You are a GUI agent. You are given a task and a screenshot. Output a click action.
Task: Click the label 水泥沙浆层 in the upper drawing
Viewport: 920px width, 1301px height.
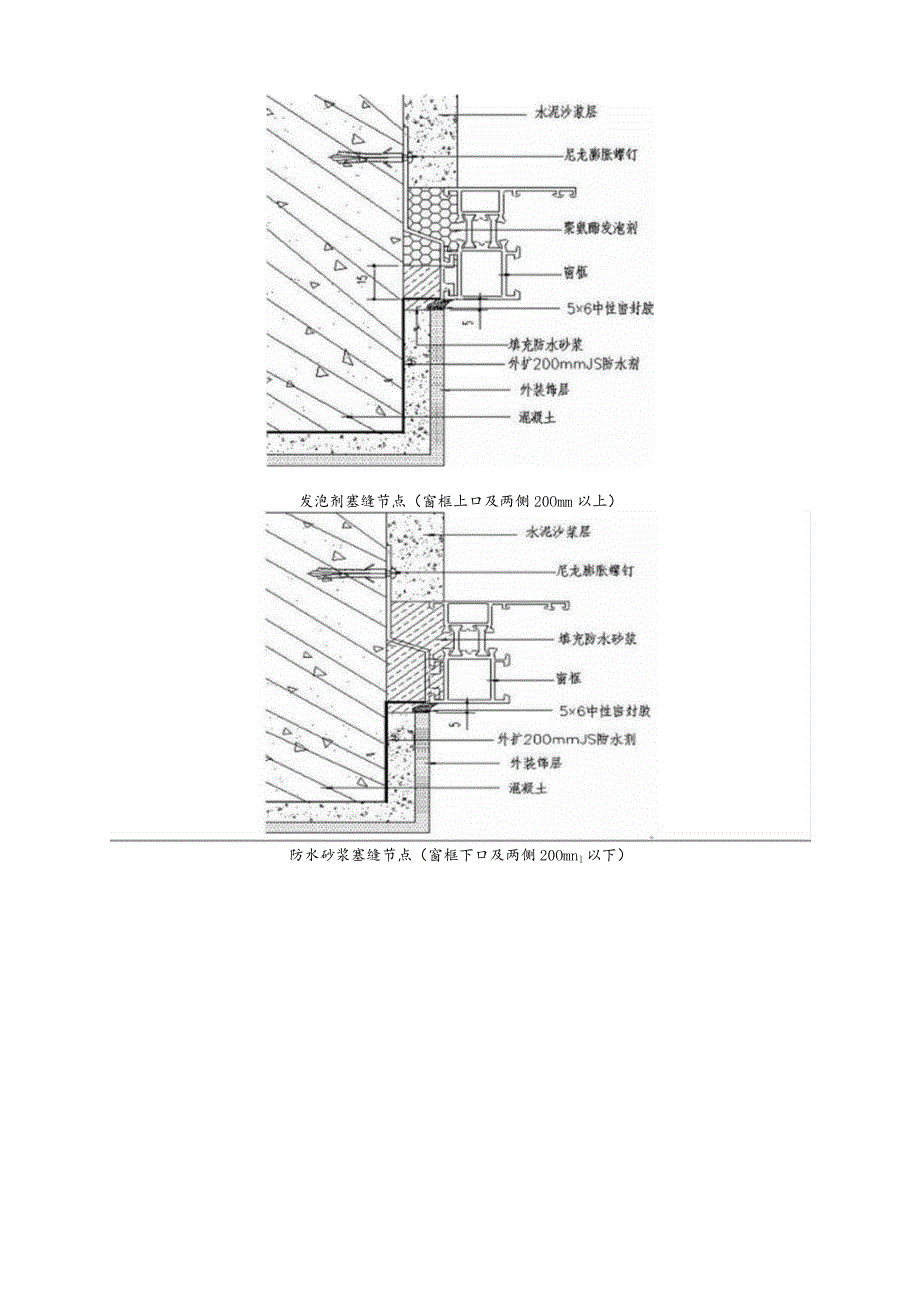566,114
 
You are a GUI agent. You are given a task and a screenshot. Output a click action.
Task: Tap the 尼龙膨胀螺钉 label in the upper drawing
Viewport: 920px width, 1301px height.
602,156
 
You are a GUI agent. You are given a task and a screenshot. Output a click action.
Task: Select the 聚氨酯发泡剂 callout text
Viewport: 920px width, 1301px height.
600,228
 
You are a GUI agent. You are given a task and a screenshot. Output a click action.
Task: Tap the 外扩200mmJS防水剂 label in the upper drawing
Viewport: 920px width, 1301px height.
572,365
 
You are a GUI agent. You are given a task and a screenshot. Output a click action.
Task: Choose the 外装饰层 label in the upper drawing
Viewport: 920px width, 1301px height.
550,390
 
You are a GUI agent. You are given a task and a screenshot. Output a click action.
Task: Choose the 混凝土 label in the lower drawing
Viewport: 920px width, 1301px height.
527,788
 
